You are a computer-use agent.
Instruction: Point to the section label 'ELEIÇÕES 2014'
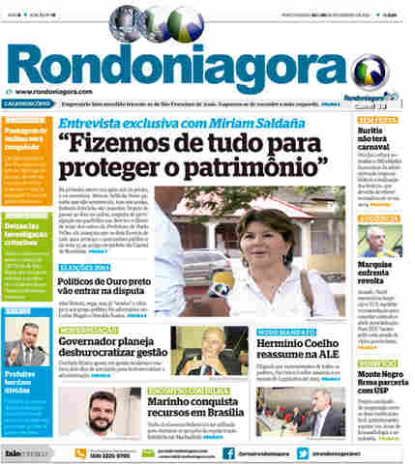coord(82,266)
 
